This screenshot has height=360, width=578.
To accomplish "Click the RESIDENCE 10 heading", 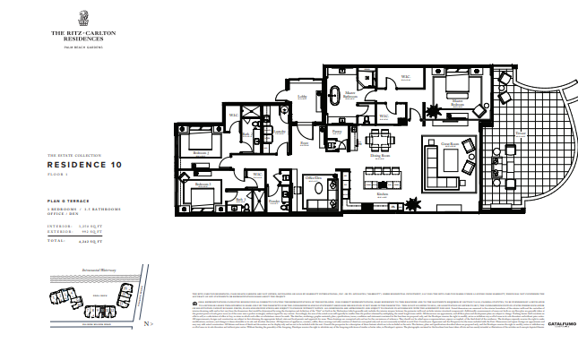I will click(x=83, y=165).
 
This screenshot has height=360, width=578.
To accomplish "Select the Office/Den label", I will click(x=313, y=178).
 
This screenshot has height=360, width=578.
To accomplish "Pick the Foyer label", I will click(x=305, y=141).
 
